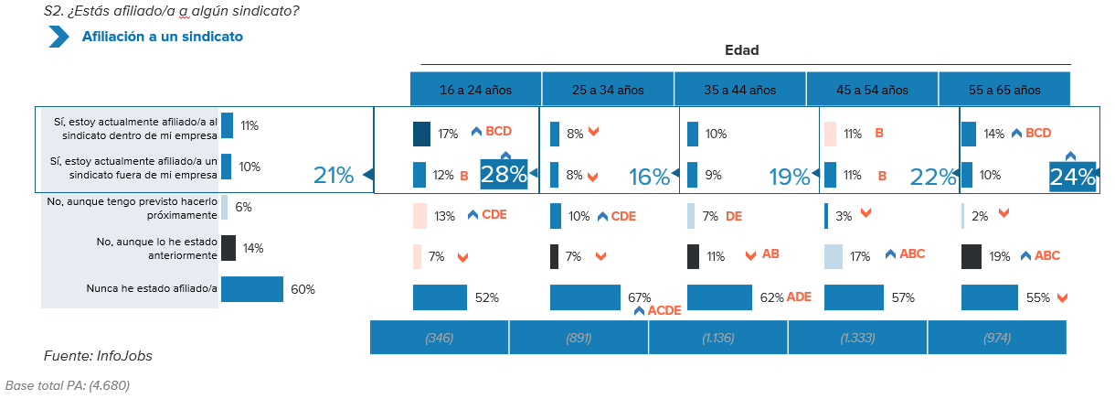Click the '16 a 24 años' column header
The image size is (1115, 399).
pyautogui.click(x=475, y=90)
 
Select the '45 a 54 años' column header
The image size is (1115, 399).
pyautogui.click(x=872, y=90)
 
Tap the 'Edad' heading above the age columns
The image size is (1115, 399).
pyautogui.click(x=741, y=50)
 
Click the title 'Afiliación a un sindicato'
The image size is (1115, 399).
pyautogui.click(x=163, y=37)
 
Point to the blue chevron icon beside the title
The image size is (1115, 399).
pyautogui.click(x=59, y=37)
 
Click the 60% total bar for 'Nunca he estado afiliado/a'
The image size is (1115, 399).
pyautogui.click(x=251, y=289)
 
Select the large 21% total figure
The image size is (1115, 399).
pyautogui.click(x=333, y=176)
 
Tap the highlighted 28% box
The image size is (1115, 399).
pyautogui.click(x=504, y=175)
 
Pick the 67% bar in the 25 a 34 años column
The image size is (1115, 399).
pyautogui.click(x=585, y=297)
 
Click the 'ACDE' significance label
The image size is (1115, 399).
pyautogui.click(x=664, y=311)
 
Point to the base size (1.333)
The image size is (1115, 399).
pyautogui.click(x=857, y=338)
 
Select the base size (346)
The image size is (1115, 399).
pyautogui.click(x=439, y=338)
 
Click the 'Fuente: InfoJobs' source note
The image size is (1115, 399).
pyautogui.click(x=98, y=355)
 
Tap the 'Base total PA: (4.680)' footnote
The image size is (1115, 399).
pyautogui.click(x=68, y=385)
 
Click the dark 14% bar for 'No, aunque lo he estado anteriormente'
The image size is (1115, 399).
pyautogui.click(x=228, y=248)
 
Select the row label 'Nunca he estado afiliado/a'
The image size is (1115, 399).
pyautogui.click(x=151, y=289)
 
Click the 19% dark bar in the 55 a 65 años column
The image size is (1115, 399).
pyautogui.click(x=972, y=257)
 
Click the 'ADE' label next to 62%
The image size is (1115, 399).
pyautogui.click(x=799, y=297)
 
